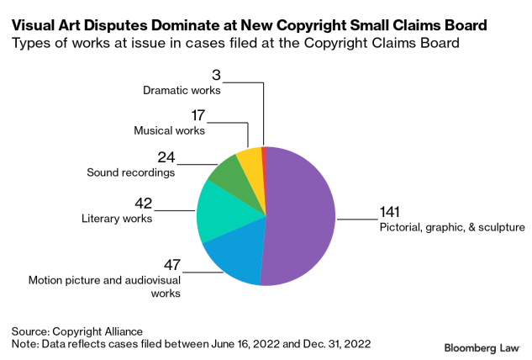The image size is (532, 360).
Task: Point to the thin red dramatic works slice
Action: click(263, 152)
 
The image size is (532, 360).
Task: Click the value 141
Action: click(391, 212)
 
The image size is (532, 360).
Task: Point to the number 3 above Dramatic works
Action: click(215, 75)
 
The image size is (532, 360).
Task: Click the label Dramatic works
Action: click(181, 89)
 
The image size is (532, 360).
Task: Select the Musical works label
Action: click(169, 130)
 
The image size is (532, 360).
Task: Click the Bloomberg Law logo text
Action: click(482, 347)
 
